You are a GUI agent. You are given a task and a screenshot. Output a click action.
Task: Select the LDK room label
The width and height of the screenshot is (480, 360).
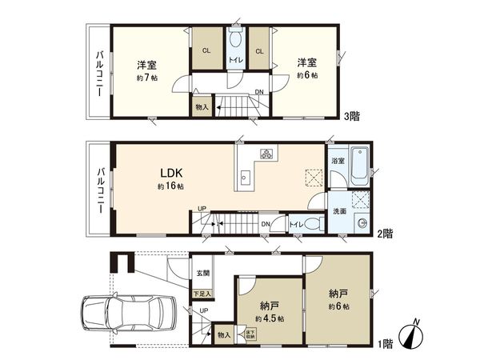pos(170,174)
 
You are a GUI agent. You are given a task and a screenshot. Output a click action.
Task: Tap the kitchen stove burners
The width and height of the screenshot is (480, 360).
pos(265,154)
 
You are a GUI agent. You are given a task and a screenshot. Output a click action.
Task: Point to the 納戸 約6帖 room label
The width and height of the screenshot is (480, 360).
pos(338,298)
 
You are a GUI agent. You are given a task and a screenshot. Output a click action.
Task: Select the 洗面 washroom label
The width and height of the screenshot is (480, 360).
pos(338,211)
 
